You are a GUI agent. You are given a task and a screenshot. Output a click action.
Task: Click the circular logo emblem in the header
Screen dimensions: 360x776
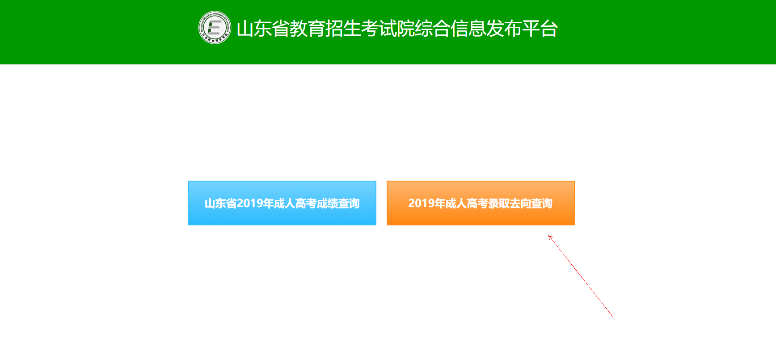pyautogui.click(x=215, y=28)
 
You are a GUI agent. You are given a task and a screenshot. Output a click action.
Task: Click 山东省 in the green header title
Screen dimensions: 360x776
pyautogui.click(x=263, y=29)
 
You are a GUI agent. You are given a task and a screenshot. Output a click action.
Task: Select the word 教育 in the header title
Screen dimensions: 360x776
pyautogui.click(x=308, y=29)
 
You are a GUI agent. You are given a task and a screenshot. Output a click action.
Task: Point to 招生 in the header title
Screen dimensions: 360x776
pyautogui.click(x=343, y=29)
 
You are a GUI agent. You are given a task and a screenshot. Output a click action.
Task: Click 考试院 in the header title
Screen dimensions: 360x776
pyautogui.click(x=388, y=29)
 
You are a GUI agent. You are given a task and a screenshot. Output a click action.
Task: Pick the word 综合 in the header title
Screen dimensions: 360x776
pyautogui.click(x=433, y=29)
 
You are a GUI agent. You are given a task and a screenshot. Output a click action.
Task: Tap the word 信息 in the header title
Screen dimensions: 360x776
pyautogui.click(x=468, y=29)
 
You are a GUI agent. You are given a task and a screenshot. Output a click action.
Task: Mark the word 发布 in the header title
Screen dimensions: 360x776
pyautogui.click(x=504, y=29)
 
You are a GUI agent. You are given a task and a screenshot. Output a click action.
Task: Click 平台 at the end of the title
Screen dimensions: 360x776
pyautogui.click(x=540, y=29)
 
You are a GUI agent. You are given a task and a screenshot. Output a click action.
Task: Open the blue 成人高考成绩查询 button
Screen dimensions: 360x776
pyautogui.click(x=282, y=203)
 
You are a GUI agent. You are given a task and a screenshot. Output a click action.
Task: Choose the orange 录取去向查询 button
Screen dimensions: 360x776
pyautogui.click(x=481, y=203)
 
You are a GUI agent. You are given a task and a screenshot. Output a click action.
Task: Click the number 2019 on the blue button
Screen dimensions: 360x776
pyautogui.click(x=250, y=203)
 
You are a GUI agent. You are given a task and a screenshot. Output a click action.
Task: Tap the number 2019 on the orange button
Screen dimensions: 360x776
pyautogui.click(x=421, y=203)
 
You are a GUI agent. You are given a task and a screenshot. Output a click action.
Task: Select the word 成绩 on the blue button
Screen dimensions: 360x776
pyautogui.click(x=327, y=203)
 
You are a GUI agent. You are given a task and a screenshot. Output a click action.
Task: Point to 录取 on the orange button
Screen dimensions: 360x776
pyautogui.click(x=499, y=203)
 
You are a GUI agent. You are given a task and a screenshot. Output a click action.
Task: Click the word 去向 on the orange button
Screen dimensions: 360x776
pyautogui.click(x=520, y=203)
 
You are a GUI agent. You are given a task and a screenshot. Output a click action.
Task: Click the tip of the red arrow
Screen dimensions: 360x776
pyautogui.click(x=549, y=236)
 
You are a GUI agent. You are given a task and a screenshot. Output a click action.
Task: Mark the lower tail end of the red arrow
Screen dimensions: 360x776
pyautogui.click(x=612, y=316)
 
